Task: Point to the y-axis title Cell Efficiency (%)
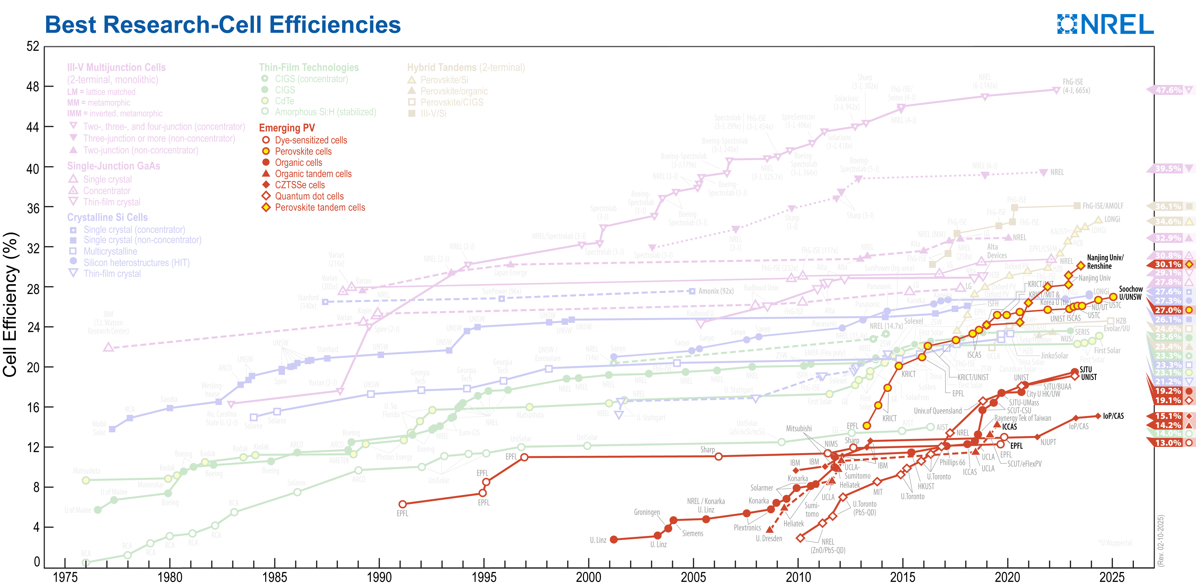(x=10, y=304)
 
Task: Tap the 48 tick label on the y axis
(x=32, y=87)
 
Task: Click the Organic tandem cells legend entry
(x=313, y=174)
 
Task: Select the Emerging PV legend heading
(x=287, y=128)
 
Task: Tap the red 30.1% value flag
(x=1168, y=264)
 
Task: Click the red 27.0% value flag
(x=1168, y=310)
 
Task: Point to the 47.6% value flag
(x=1168, y=90)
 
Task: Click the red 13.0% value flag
(x=1168, y=443)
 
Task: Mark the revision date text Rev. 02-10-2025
(x=1161, y=540)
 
